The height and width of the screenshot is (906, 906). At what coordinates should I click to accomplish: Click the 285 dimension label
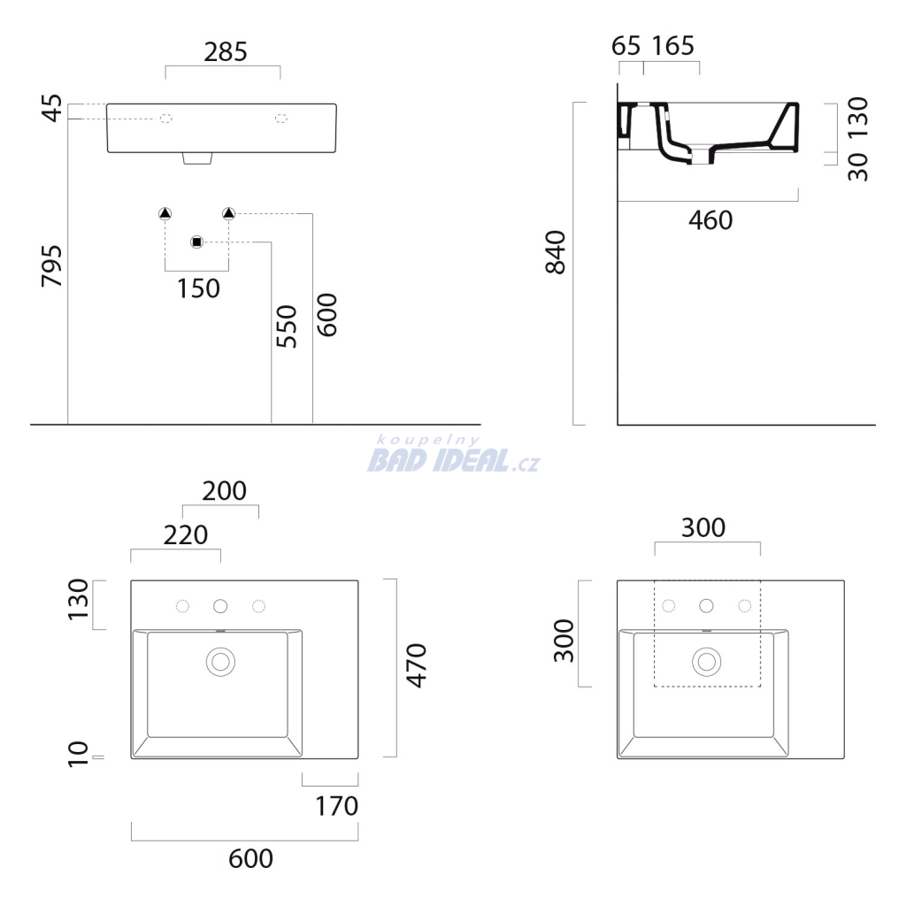pyautogui.click(x=226, y=52)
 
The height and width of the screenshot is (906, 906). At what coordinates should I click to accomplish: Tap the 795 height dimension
pyautogui.click(x=52, y=266)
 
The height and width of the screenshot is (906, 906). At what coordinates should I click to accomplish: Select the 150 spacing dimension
pyautogui.click(x=198, y=288)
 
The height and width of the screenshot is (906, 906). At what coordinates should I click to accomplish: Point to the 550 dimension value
pyautogui.click(x=286, y=326)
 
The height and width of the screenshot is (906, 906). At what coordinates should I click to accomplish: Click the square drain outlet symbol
pyautogui.click(x=197, y=242)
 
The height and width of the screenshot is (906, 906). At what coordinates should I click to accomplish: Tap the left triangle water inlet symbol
pyautogui.click(x=165, y=214)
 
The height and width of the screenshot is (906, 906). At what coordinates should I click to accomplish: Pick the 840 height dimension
pyautogui.click(x=556, y=252)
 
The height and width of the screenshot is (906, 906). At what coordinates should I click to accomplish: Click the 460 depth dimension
pyautogui.click(x=710, y=220)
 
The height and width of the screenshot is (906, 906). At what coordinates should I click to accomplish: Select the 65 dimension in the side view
pyautogui.click(x=626, y=46)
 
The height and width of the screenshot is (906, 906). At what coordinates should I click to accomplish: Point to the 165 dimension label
pyautogui.click(x=673, y=46)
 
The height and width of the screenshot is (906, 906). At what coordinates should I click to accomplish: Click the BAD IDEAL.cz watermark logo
pyautogui.click(x=454, y=454)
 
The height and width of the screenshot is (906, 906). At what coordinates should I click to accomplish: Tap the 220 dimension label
pyautogui.click(x=186, y=535)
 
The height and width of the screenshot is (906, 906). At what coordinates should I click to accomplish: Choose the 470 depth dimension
pyautogui.click(x=416, y=665)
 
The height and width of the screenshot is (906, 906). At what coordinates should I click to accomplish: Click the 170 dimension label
pyautogui.click(x=337, y=806)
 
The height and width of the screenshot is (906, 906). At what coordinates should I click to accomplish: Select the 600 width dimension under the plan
pyautogui.click(x=250, y=858)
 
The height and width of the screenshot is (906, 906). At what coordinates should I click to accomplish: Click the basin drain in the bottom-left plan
pyautogui.click(x=220, y=662)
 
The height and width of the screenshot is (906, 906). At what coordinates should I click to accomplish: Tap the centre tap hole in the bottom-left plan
pyautogui.click(x=220, y=606)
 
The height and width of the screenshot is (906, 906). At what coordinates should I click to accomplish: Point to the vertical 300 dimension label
pyautogui.click(x=564, y=641)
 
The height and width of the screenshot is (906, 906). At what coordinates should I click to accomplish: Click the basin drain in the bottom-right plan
pyautogui.click(x=707, y=662)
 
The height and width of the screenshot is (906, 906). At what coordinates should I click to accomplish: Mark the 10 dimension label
pyautogui.click(x=78, y=754)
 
